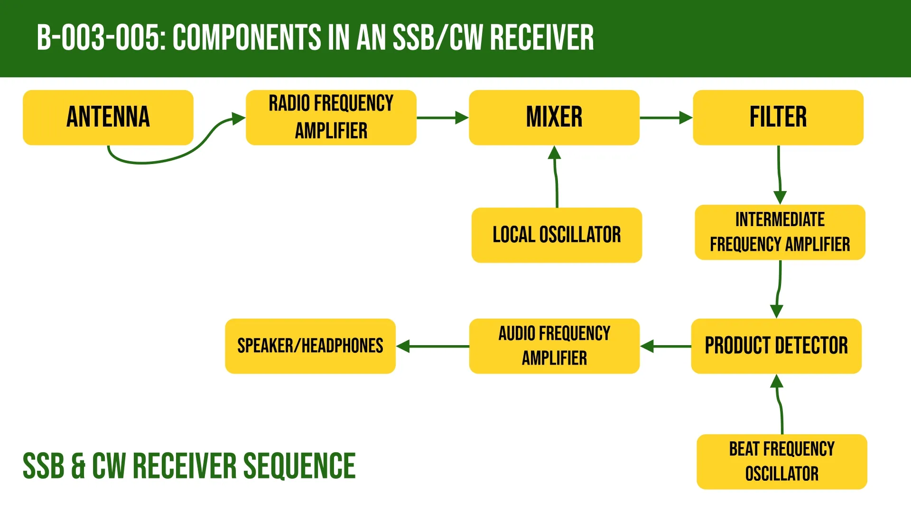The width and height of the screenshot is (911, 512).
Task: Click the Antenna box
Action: [108, 117]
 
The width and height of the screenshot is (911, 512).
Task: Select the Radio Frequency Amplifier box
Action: [331, 117]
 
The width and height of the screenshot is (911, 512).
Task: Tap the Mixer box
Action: [554, 117]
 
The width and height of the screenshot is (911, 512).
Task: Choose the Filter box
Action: [778, 117]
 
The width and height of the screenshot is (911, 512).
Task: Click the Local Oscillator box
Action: [556, 235]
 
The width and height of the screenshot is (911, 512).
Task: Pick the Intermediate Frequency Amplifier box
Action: [780, 232]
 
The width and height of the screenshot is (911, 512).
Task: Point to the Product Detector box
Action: [776, 346]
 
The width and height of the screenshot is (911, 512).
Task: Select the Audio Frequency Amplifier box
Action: [554, 346]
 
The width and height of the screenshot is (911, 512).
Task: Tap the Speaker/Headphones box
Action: [310, 346]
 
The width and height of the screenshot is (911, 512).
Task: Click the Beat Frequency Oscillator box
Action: [781, 461]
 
